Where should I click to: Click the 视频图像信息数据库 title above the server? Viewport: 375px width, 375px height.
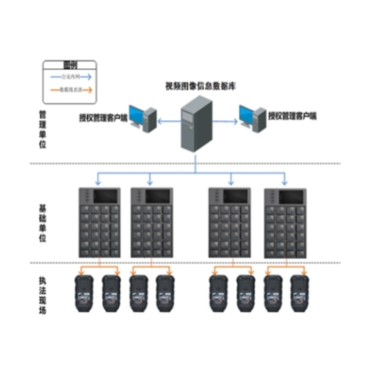[200, 86]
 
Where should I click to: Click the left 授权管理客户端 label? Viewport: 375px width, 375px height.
[103, 118]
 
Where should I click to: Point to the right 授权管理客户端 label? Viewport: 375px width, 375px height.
[292, 116]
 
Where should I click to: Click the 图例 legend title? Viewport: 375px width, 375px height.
[69, 65]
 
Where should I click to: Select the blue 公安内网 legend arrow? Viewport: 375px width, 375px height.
[69, 76]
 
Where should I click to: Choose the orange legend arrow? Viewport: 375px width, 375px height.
[69, 90]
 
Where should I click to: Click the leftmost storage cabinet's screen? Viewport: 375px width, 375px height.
[105, 195]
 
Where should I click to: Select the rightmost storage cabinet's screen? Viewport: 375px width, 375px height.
[290, 196]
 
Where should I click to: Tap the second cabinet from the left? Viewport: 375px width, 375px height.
[151, 222]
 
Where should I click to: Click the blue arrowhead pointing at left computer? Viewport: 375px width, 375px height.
[160, 120]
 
